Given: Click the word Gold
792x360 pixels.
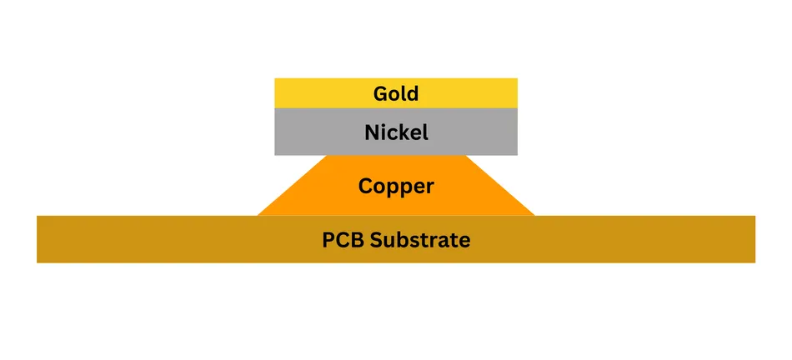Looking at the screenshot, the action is [396, 93].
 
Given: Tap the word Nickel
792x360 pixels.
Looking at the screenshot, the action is [397, 132].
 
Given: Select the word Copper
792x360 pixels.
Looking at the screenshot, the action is [396, 187].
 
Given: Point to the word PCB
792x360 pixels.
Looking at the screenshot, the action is [343, 240].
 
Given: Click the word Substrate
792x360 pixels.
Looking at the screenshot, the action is [420, 240].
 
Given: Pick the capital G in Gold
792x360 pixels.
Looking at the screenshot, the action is [381, 94].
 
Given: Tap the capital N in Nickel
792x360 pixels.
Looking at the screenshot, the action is [372, 132].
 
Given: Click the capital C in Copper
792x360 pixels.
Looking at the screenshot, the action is [365, 187].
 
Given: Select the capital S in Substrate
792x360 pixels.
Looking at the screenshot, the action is [376, 240].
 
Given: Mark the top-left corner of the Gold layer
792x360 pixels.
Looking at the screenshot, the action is [275, 78].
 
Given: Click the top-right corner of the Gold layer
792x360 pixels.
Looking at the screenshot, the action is [518, 78].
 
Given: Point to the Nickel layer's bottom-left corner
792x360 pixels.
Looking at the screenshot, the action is [275, 155].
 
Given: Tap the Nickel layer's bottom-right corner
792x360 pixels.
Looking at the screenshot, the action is [518, 155].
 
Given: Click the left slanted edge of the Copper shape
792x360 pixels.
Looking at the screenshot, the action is [293, 185].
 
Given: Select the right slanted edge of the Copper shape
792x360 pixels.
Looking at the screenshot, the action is [500, 185].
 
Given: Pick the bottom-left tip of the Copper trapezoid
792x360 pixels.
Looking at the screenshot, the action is [257, 216].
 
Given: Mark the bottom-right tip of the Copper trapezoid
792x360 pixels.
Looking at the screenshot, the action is [535, 216].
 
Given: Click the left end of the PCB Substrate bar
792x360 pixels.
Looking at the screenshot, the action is [37, 239].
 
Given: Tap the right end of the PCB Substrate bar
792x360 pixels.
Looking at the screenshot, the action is [755, 239].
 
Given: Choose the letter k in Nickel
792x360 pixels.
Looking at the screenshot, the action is [404, 132].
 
